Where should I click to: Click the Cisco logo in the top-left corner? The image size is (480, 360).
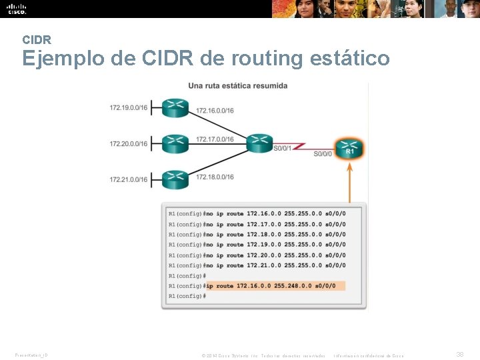click(x=17, y=9)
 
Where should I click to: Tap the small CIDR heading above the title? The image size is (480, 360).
click(x=37, y=40)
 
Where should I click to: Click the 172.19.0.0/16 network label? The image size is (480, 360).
click(x=128, y=107)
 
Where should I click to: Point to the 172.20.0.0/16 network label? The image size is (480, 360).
click(x=128, y=143)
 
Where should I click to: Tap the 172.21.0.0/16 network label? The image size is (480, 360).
click(x=128, y=179)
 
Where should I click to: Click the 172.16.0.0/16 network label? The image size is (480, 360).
click(x=215, y=110)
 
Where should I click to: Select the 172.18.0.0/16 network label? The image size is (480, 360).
click(x=215, y=177)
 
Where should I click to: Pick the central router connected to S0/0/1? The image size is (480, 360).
click(x=259, y=143)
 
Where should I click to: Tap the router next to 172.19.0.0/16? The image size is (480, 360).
click(x=175, y=107)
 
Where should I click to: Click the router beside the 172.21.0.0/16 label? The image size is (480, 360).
click(x=175, y=178)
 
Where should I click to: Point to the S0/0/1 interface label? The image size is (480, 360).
click(x=282, y=148)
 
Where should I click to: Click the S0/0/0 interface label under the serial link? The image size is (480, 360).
click(x=323, y=154)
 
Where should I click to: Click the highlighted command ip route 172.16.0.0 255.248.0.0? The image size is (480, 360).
click(x=275, y=285)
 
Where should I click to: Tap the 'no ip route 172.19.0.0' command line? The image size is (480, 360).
click(x=275, y=245)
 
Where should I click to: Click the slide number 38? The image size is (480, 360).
click(x=459, y=355)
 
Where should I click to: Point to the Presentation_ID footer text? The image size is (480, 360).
click(x=31, y=355)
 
